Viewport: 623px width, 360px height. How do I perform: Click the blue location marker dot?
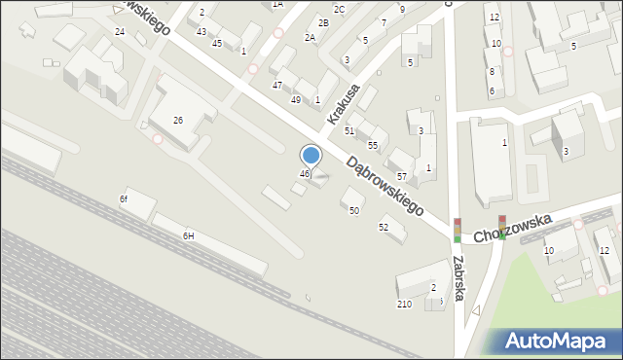coord(311,155)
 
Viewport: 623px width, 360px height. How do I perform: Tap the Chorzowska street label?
coord(512,230)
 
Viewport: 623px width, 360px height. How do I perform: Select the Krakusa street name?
coord(344,104)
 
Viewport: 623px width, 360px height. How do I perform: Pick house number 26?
coord(178,120)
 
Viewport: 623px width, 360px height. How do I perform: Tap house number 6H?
coord(188,235)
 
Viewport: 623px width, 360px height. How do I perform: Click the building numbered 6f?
coord(124,198)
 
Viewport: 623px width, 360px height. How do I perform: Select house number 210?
coord(404,304)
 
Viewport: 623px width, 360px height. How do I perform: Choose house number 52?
coord(384,227)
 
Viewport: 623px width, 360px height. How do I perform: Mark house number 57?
coord(401,176)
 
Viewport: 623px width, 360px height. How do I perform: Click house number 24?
coord(120,31)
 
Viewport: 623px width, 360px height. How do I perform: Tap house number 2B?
coord(323,22)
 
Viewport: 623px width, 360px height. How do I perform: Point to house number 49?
coord(296,99)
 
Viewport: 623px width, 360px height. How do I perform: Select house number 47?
coord(276,85)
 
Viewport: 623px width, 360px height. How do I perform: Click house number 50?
coord(354,210)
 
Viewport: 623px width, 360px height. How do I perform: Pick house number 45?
coord(217,43)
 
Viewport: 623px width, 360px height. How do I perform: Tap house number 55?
coord(373,145)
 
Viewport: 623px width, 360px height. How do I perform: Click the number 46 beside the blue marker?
coord(304,174)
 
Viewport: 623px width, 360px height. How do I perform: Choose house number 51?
coord(349,129)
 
